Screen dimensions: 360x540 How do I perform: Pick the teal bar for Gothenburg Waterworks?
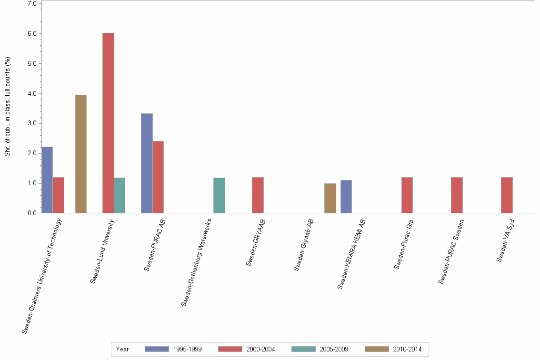coord(219,195)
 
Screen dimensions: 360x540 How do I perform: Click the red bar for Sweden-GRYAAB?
coord(258,195)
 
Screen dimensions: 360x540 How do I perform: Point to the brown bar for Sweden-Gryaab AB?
coord(330,198)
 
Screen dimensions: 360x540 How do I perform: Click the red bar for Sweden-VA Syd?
coord(507,195)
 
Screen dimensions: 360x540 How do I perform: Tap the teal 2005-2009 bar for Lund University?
coord(120,195)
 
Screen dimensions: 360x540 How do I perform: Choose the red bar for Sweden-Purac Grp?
coord(407,195)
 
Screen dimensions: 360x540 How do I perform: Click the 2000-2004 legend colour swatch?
coord(230,349)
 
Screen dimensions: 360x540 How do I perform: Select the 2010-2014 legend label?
coord(407,349)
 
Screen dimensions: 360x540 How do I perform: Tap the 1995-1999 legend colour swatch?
coord(157,349)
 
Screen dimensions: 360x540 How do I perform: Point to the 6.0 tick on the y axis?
coord(32,34)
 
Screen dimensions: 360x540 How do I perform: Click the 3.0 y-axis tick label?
coord(32,123)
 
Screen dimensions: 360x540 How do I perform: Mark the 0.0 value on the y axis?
coord(32,213)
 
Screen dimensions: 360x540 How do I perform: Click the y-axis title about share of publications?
coord(8,107)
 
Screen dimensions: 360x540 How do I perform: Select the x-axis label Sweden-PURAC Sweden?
coord(451,251)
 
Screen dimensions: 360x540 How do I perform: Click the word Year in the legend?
coord(122,349)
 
